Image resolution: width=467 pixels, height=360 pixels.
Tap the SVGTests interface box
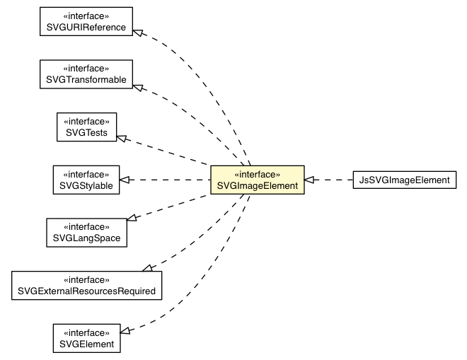pyautogui.click(x=86, y=127)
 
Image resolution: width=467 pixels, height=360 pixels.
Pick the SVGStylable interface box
pyautogui.click(x=86, y=180)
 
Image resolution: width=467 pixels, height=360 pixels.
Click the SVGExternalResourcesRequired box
pyautogui.click(x=86, y=284)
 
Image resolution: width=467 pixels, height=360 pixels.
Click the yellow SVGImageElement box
pyautogui.click(x=257, y=180)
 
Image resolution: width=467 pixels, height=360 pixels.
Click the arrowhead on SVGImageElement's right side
pyautogui.click(x=310, y=180)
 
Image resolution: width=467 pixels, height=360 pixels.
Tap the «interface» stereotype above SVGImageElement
pyautogui.click(x=257, y=173)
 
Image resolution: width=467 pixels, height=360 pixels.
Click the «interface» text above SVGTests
pyautogui.click(x=86, y=120)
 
